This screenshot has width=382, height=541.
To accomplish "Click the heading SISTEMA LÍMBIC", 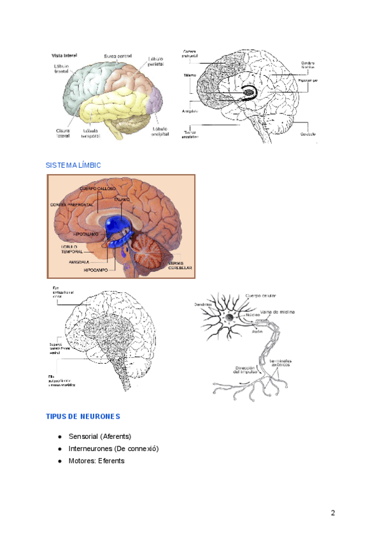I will click(x=73, y=165).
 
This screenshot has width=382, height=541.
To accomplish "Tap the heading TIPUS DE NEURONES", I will click(x=83, y=417).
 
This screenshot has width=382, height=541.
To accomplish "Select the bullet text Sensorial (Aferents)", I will click(x=99, y=436).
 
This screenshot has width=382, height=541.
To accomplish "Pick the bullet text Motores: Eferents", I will click(x=97, y=461).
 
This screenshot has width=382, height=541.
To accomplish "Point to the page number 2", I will click(x=332, y=514).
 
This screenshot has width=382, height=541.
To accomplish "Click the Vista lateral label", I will click(x=64, y=56).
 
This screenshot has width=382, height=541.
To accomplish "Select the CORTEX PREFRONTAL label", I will click(x=72, y=204).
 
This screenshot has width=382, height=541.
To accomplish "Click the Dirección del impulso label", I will click(x=246, y=370).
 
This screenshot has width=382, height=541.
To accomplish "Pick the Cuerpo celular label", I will click(x=260, y=295).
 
